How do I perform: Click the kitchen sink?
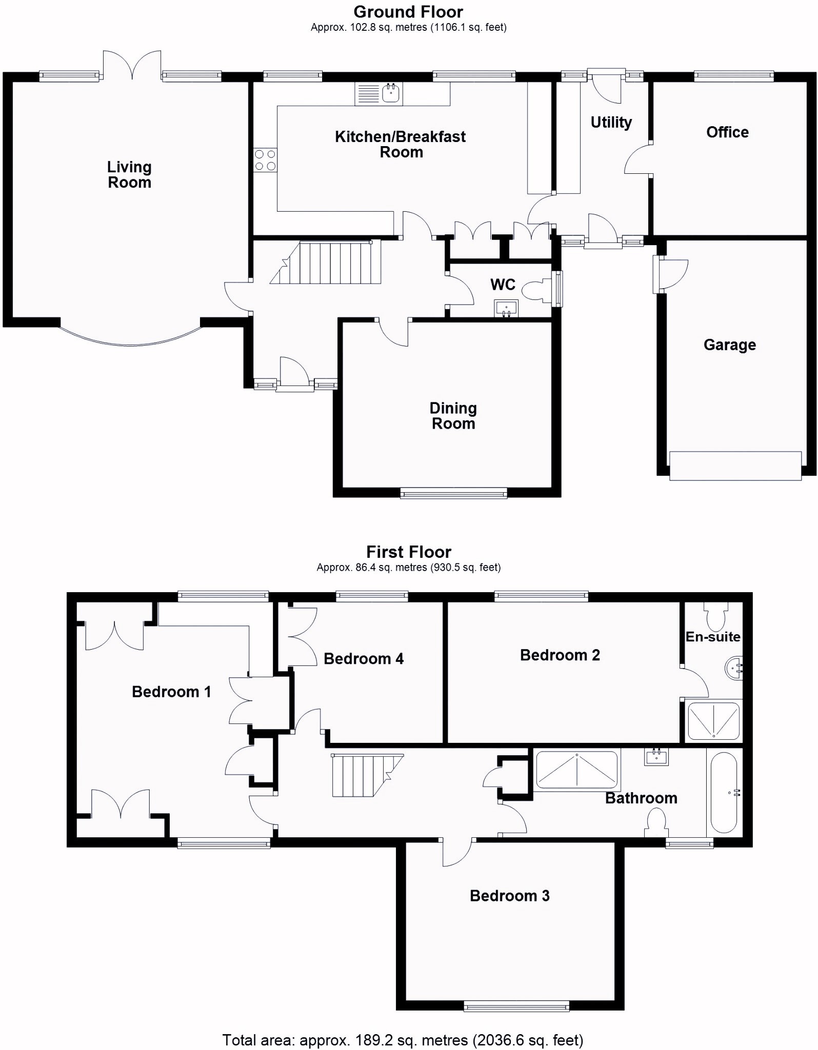coord(378,94)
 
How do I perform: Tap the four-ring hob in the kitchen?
coord(265,160)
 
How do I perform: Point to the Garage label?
coord(729,345)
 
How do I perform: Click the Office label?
coord(727,132)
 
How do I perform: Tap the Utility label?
coord(611,123)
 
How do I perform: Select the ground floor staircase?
coord(326,262)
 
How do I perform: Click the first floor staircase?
coord(367,775)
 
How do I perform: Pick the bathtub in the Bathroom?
coord(724,793)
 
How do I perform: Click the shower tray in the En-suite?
coord(713,721)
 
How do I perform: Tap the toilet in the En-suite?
coord(716,616)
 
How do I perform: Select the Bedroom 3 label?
coord(509,896)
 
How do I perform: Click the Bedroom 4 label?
coord(364,659)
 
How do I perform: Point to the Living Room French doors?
coord(132,65)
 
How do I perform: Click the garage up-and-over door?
coord(735,466)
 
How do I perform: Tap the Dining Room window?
coord(453,494)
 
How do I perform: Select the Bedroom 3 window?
coord(516,1006)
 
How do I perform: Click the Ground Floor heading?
coord(408,12)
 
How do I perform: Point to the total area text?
coord(403,1040)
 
